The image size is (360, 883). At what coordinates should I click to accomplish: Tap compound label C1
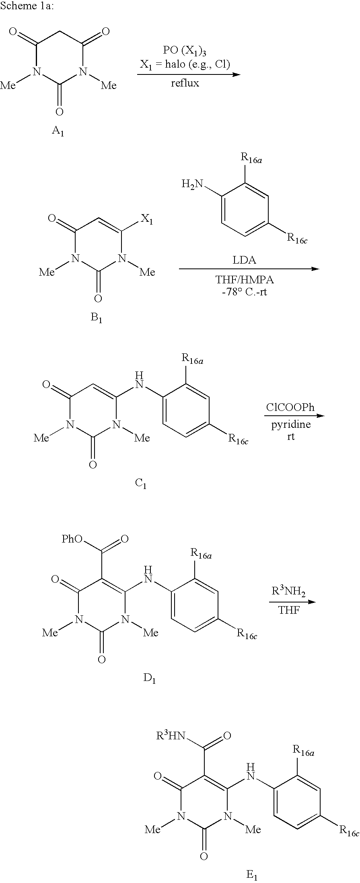tap(141, 484)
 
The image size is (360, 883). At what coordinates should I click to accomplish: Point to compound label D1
tap(149, 679)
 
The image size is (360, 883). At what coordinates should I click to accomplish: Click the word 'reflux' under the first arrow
tap(185, 83)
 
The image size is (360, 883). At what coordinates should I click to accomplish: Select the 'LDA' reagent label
tap(245, 260)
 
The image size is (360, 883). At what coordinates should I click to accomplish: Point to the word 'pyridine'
tap(290, 425)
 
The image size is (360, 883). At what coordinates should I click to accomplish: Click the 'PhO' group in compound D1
tap(72, 539)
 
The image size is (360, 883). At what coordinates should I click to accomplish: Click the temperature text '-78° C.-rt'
tap(245, 292)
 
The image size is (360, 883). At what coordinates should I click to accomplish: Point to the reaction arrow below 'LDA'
tap(249, 269)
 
